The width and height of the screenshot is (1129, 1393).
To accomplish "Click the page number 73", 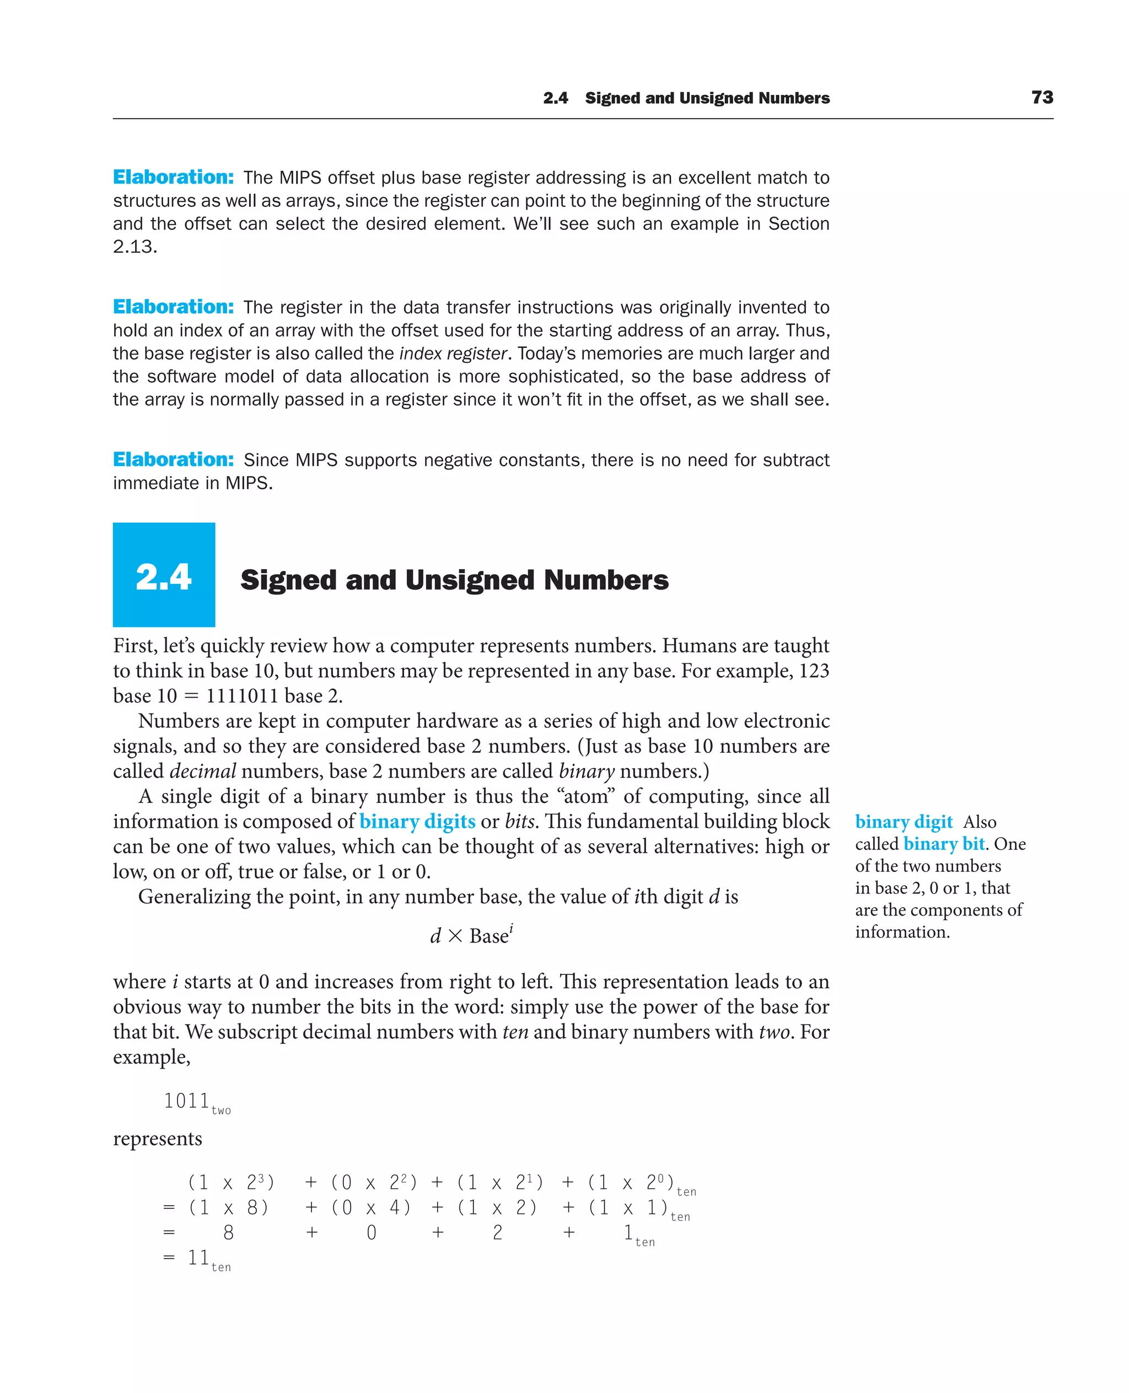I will [x=1042, y=98].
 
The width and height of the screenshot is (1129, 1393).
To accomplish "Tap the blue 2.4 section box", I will [x=164, y=575].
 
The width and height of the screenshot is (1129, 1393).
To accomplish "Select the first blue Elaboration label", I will [x=173, y=177].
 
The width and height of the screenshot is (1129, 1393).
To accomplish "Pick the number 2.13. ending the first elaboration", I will [x=135, y=247].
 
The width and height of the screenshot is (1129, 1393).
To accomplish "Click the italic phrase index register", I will [x=453, y=353].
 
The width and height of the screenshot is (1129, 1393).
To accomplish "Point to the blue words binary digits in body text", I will [x=417, y=822].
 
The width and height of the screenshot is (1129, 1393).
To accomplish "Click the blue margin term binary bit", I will [x=944, y=844].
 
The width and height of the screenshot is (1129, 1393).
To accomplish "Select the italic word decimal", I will [x=202, y=771].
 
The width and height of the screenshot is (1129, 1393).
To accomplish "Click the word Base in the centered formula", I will [x=488, y=936].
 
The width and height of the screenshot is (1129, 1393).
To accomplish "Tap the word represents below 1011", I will [x=157, y=1139].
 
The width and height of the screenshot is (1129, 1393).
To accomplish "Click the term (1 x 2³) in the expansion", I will [x=231, y=1182].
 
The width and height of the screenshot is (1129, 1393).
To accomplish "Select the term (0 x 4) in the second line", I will [x=370, y=1208].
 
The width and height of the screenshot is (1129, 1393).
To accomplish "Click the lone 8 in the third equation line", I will [x=228, y=1233].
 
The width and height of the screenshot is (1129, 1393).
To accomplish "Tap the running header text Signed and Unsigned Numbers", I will [x=707, y=98].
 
